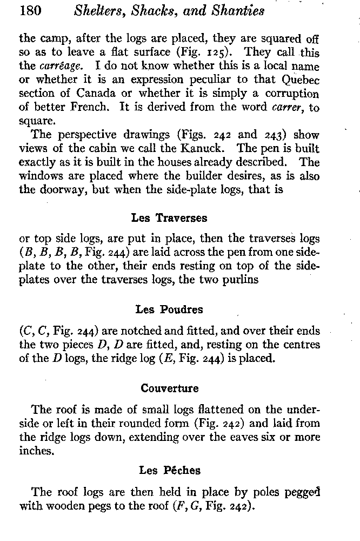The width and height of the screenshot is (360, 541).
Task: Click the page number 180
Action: pyautogui.click(x=31, y=11)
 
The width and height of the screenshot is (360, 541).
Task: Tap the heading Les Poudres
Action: pyautogui.click(x=169, y=310)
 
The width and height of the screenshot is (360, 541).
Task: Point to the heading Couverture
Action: pyautogui.click(x=169, y=388)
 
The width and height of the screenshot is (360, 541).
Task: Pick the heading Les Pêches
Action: pyautogui.click(x=169, y=471)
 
